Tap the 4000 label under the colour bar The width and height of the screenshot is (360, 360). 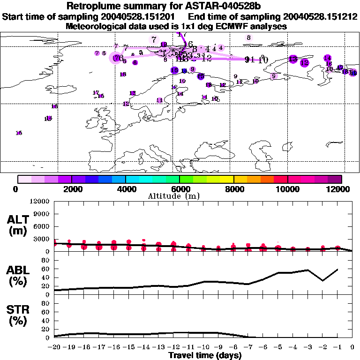[126, 189]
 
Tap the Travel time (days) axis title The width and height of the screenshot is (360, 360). [205, 356]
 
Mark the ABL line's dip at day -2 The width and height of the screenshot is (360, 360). [322, 281]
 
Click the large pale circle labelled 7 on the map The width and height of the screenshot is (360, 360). [154, 40]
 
